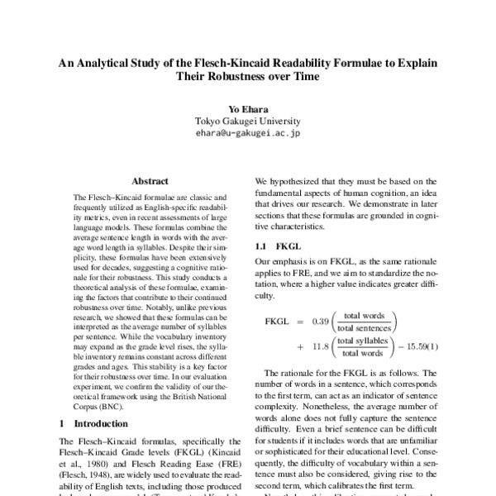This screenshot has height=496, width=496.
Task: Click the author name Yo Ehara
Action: point(248,108)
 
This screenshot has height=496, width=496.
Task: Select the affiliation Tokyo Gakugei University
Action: point(248,121)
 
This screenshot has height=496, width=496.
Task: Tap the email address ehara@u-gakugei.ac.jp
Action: point(248,132)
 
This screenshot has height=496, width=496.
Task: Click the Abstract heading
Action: point(150,181)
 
